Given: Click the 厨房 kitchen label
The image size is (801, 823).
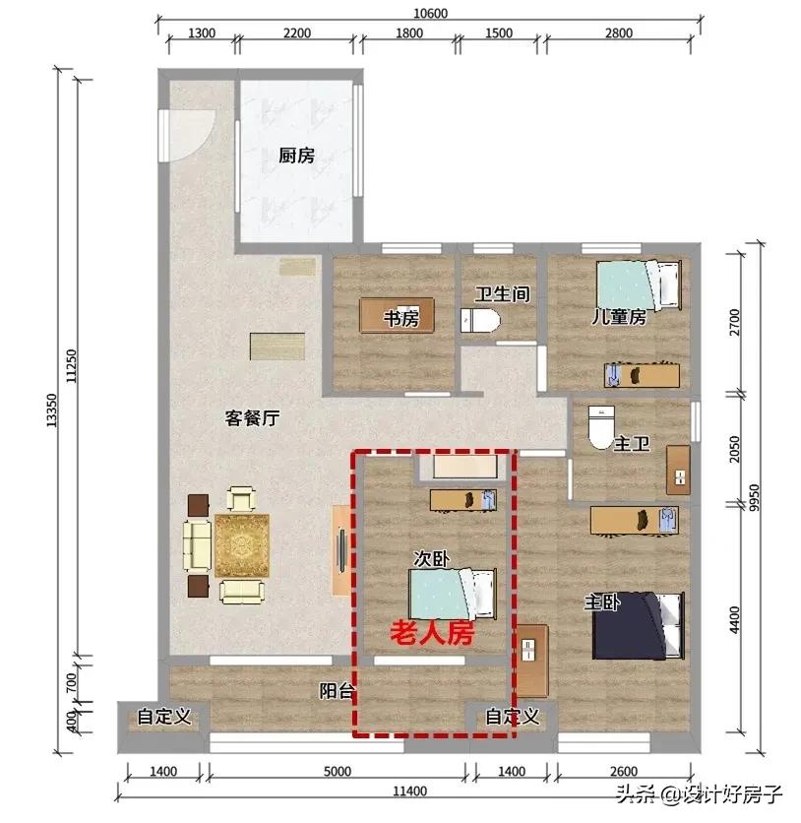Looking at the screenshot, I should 296,156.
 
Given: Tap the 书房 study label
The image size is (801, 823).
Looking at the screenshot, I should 400,318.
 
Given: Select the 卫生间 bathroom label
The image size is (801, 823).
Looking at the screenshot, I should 503,294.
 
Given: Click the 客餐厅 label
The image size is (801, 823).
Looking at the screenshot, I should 252,418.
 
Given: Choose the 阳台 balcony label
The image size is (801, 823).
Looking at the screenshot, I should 337,691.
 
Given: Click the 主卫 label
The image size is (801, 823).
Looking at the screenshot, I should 631,445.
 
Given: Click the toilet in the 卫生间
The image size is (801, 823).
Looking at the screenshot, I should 480,320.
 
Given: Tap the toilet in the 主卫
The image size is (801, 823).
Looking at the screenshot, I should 599,425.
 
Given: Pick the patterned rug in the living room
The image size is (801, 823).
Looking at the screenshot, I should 241,545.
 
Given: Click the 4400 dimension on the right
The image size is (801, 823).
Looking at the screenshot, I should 762,621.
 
